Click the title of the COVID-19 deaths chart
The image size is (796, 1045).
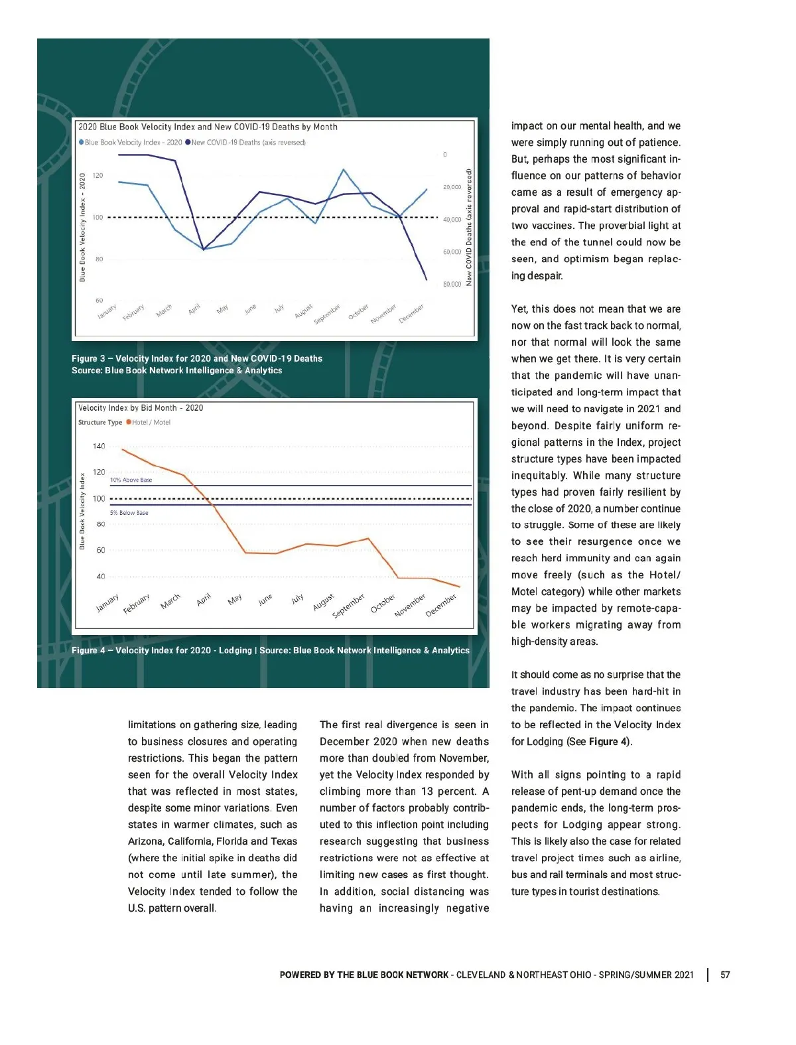coord(208,127)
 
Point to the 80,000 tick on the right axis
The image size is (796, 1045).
coord(452,284)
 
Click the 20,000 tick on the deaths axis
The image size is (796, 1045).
coord(452,187)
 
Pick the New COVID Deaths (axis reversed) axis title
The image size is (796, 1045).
coord(469,228)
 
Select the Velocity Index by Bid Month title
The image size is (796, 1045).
coord(141,408)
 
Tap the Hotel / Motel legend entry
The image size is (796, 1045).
coord(151,423)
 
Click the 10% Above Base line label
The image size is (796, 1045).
coord(131,480)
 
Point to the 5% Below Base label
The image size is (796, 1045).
coord(129,513)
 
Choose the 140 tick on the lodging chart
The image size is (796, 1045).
coord(99,446)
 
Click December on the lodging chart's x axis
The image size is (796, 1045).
coord(441,604)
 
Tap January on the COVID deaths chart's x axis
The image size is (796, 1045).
coord(107,311)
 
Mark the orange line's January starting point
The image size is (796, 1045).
coord(123,450)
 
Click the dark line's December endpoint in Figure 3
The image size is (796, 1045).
coord(427,279)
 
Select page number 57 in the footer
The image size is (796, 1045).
coord(725,975)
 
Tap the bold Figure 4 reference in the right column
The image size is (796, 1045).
coord(608,742)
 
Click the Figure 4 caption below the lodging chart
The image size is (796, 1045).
coord(271,650)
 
